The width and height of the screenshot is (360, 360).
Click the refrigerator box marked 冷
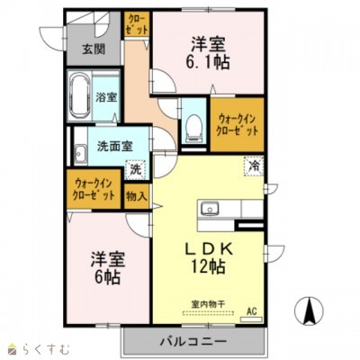255,166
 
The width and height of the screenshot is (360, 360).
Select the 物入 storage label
137,195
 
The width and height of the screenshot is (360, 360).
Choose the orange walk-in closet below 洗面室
94,190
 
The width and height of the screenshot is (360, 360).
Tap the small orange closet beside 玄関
137,25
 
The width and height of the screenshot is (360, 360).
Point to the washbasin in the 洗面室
80,151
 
